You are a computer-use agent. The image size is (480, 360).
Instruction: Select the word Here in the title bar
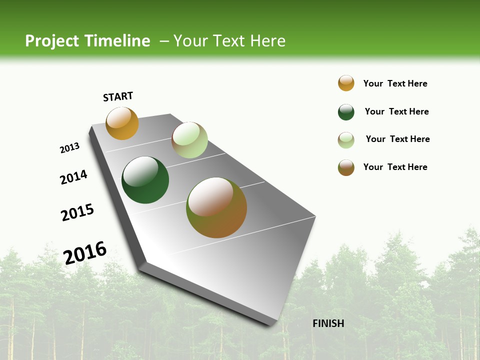click(267, 41)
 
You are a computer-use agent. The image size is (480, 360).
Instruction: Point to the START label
click(118, 96)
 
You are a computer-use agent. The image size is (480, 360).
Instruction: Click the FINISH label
click(328, 323)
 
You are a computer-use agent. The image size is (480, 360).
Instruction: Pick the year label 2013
click(70, 148)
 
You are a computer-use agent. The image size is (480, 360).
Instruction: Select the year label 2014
click(74, 177)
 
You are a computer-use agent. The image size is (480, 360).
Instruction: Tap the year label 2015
click(77, 212)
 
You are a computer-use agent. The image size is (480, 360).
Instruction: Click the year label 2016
click(85, 252)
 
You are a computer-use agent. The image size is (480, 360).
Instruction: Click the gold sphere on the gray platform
click(122, 123)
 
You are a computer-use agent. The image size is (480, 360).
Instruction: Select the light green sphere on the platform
click(189, 140)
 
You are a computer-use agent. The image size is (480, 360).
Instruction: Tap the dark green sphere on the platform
click(145, 180)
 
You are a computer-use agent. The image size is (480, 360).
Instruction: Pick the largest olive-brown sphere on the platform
click(216, 207)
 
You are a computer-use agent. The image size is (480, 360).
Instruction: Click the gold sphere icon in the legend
click(346, 83)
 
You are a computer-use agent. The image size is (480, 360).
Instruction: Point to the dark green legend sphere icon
click(346, 112)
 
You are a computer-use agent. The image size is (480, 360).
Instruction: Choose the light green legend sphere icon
click(346, 140)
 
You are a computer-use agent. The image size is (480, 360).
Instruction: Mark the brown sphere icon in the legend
click(346, 167)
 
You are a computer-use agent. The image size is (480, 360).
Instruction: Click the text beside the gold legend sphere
click(395, 83)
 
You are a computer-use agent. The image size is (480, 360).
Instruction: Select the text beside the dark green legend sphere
click(396, 111)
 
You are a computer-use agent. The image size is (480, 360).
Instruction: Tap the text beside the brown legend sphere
click(395, 167)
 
